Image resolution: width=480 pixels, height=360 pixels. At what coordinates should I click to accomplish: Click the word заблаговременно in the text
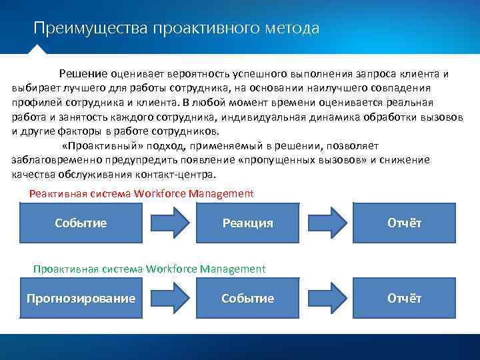coord(55,161)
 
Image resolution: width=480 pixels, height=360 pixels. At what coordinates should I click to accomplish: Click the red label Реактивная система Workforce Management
coord(141,194)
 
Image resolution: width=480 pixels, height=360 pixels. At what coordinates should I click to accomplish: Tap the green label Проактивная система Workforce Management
coord(149,269)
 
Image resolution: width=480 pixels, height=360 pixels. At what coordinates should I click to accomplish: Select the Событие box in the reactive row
coord(81,223)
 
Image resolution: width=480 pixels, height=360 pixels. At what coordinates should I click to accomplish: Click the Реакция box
coord(248,223)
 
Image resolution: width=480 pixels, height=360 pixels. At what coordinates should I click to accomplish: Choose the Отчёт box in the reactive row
coord(404,223)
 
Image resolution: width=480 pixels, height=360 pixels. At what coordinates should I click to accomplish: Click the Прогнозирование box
coord(81,298)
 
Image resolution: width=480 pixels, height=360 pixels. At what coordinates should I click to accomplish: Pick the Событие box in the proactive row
coord(248,298)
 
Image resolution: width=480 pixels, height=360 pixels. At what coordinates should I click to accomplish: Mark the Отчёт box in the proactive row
coord(404,298)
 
